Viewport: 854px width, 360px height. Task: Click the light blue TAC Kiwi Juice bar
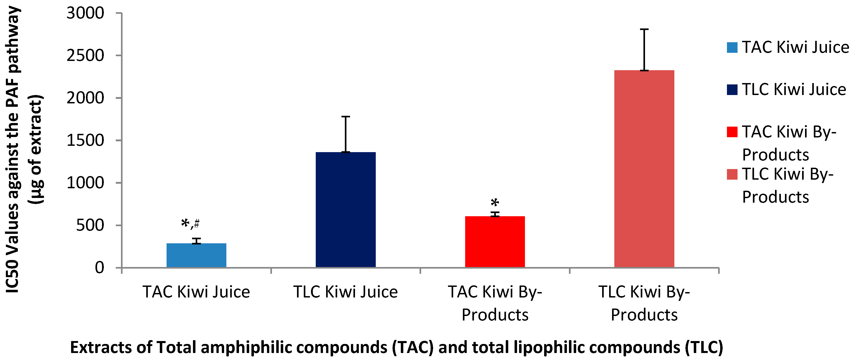click(196, 255)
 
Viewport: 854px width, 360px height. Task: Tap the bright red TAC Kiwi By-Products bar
click(495, 242)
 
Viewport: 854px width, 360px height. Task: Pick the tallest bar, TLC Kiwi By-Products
click(644, 169)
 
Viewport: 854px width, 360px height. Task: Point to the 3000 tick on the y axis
click(85, 13)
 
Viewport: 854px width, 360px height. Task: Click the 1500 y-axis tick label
click(85, 141)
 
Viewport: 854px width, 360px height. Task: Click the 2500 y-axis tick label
click(85, 56)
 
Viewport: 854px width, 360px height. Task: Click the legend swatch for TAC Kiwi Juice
click(732, 47)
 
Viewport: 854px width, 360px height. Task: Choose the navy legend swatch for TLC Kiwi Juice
click(732, 90)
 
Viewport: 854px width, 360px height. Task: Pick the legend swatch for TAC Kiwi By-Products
click(732, 132)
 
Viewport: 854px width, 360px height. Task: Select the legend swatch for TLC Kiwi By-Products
click(732, 174)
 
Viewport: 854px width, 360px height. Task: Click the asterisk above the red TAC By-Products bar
click(495, 202)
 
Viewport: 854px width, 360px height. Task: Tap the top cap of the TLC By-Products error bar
click(644, 30)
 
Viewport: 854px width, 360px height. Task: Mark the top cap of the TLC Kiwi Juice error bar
click(346, 117)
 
